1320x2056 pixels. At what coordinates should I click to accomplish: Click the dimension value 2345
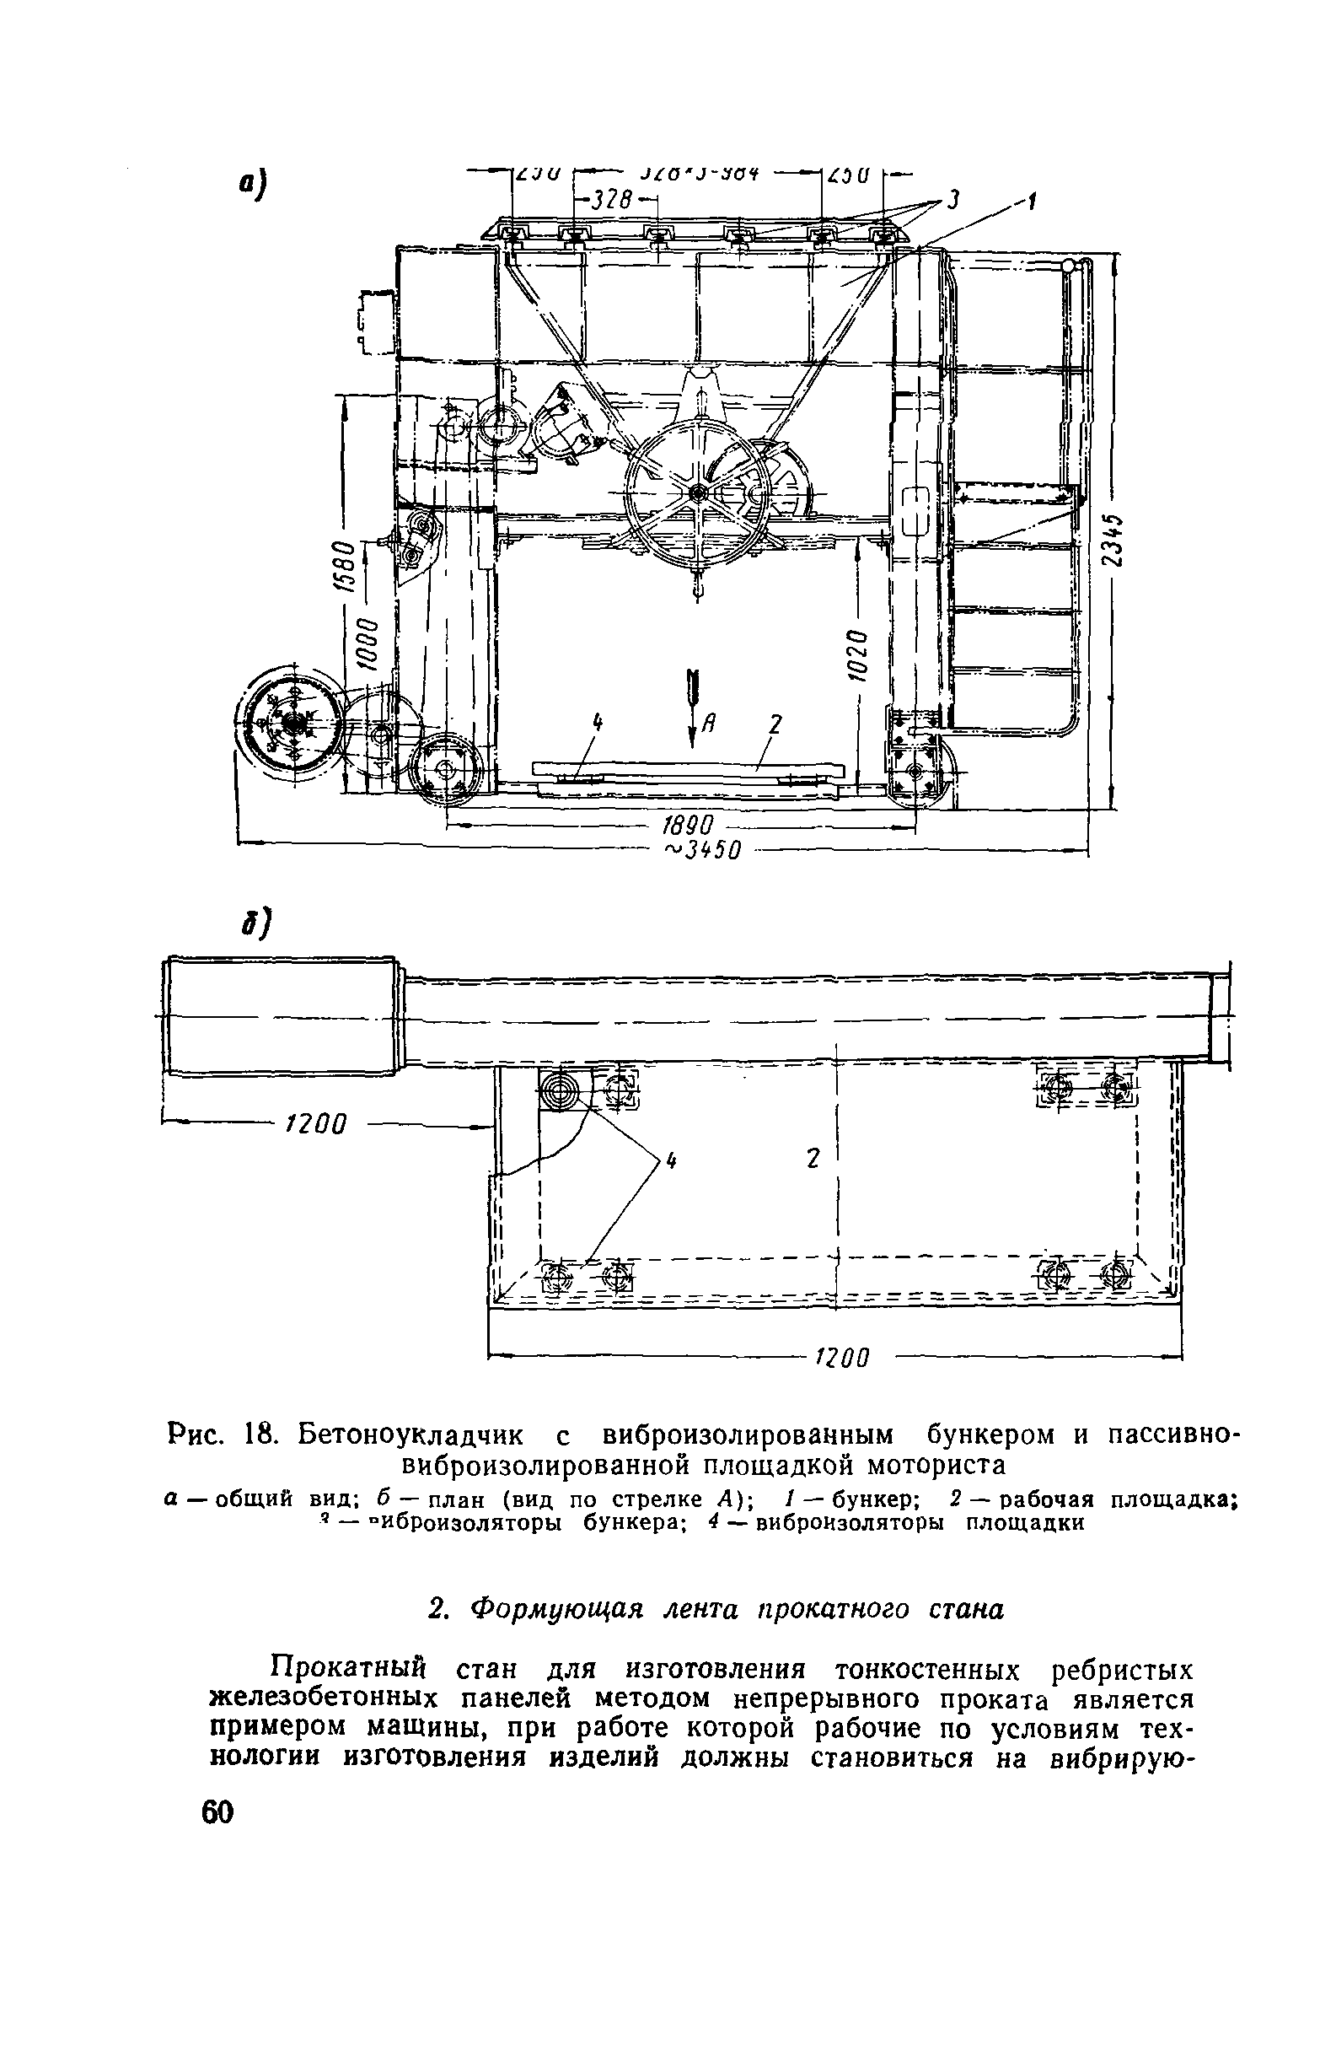tap(1113, 541)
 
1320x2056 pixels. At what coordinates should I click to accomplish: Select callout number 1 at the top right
tap(1032, 202)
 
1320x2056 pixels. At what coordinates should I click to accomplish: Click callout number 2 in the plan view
tap(813, 1159)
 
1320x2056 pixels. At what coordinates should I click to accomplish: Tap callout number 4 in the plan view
tap(671, 1162)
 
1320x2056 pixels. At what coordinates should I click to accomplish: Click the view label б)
tap(255, 923)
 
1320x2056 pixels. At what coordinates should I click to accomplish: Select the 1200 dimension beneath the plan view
tap(842, 1357)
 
